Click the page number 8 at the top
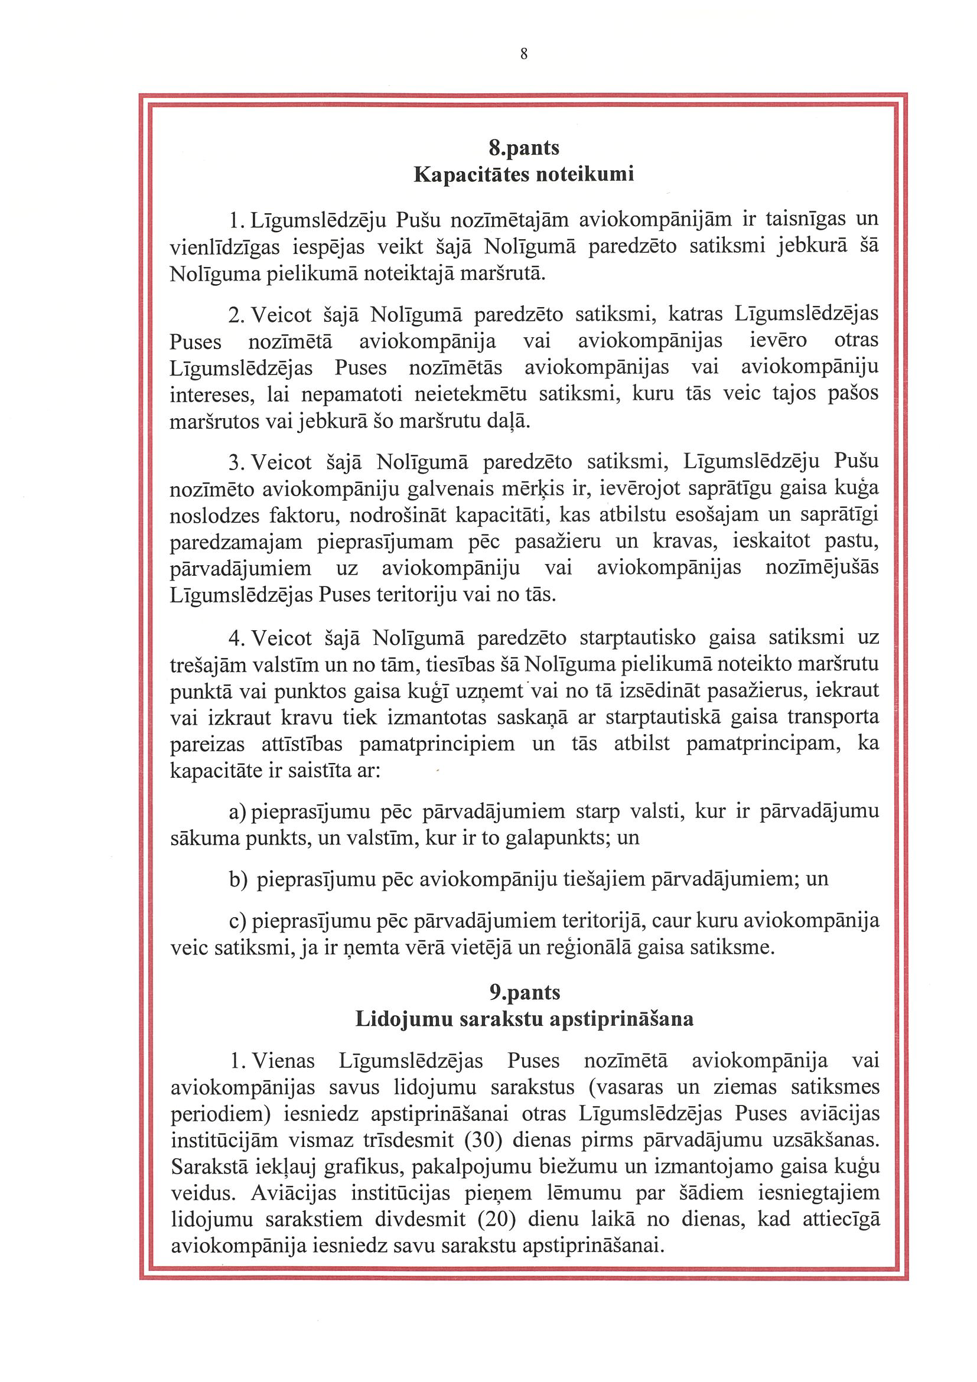[x=523, y=55]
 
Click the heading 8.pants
[x=524, y=148]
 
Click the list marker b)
[x=239, y=880]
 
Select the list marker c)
[x=239, y=921]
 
